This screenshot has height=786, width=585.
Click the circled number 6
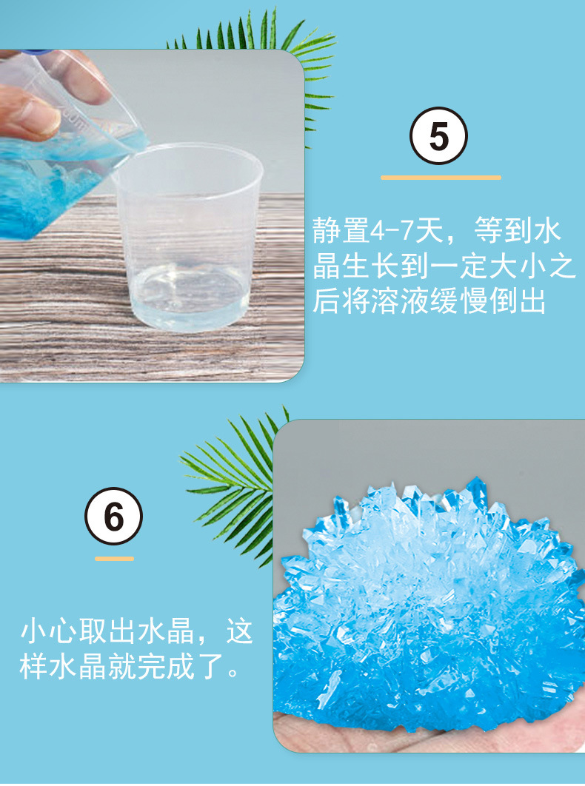point(113,517)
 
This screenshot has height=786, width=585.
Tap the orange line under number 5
point(441,178)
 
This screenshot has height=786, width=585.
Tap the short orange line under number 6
point(114,558)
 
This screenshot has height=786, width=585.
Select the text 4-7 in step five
point(388,232)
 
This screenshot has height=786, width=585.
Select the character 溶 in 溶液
point(387,302)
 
